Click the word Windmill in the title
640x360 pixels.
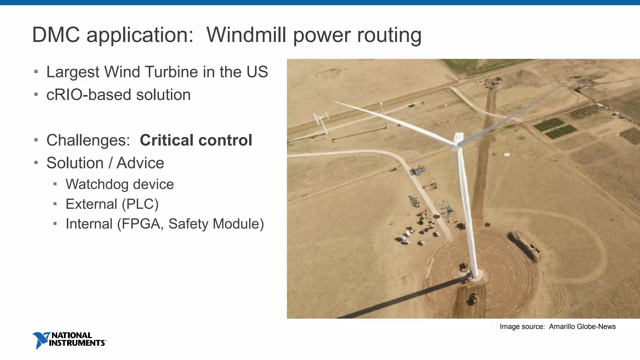pyautogui.click(x=246, y=35)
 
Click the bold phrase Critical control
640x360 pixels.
pyautogui.click(x=196, y=140)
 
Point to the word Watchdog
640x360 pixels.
pyautogui.click(x=94, y=184)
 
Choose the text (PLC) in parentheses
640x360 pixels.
pyautogui.click(x=140, y=204)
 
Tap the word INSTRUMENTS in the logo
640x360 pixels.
pyautogui.click(x=77, y=343)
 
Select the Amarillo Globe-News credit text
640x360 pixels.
pyautogui.click(x=582, y=327)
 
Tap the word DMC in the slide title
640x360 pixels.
pyautogui.click(x=56, y=35)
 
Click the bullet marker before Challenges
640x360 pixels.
pyautogui.click(x=36, y=140)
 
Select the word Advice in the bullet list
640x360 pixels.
pyautogui.click(x=140, y=163)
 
